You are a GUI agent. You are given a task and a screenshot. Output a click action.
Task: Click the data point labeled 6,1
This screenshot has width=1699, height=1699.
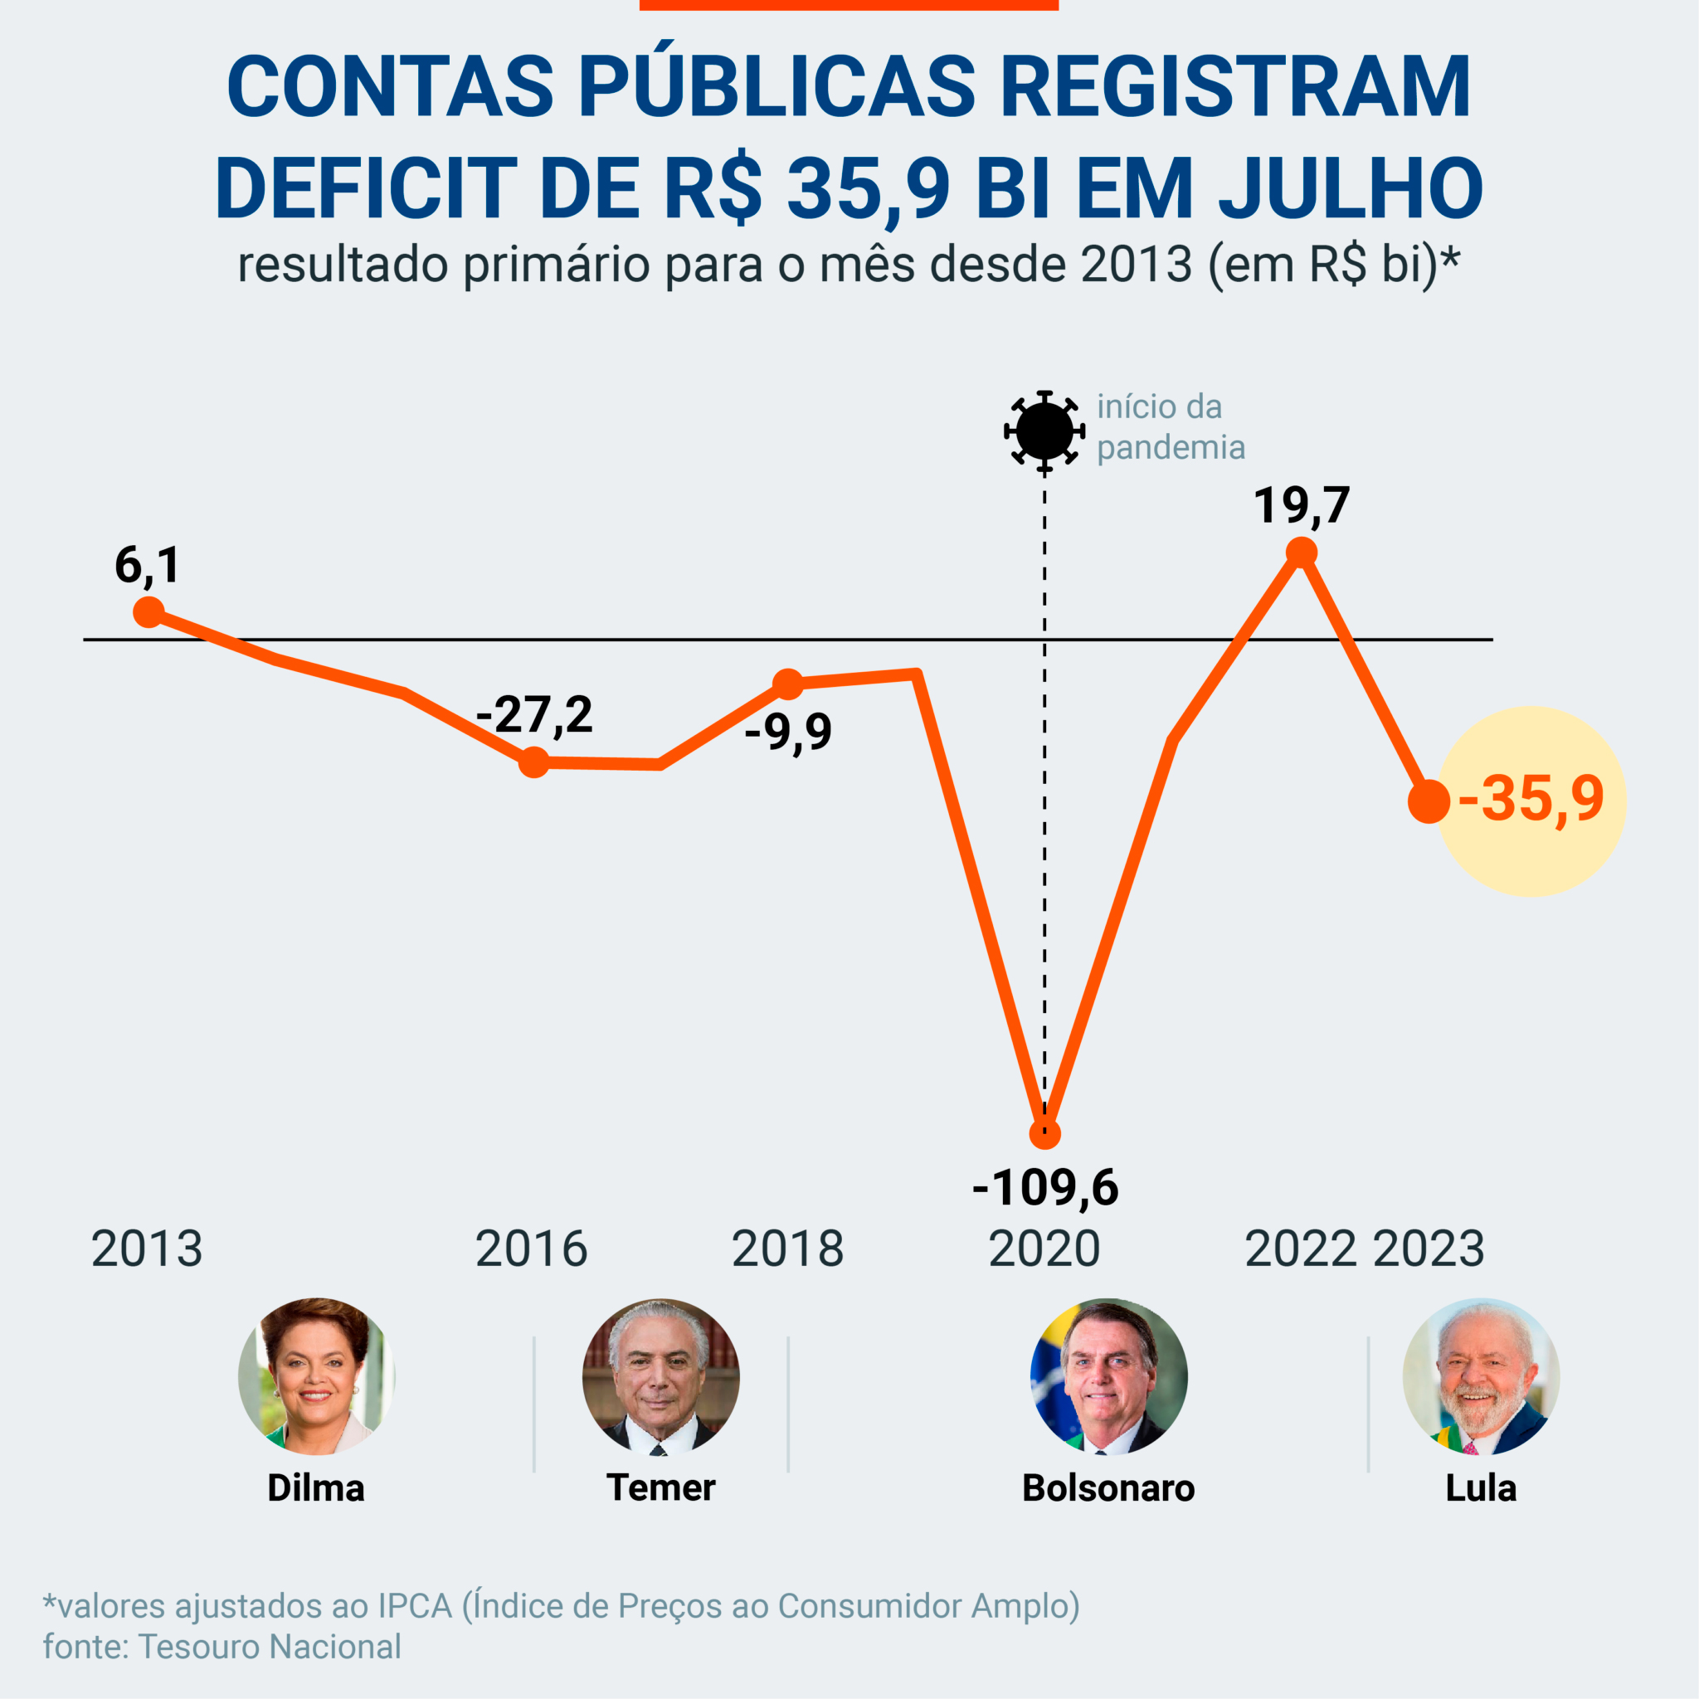click(148, 611)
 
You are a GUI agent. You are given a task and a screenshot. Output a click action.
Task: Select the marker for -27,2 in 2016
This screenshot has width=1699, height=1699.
click(533, 762)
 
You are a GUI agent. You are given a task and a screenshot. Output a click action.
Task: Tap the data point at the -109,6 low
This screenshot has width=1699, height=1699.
click(1044, 1134)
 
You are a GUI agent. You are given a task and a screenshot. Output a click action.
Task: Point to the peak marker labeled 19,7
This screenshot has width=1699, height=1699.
click(1302, 553)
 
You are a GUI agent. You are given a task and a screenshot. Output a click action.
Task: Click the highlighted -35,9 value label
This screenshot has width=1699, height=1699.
click(1531, 800)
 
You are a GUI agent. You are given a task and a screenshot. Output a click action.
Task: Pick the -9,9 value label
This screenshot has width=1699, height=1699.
click(788, 731)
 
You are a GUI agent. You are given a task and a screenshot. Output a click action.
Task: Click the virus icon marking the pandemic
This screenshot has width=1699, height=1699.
click(1044, 431)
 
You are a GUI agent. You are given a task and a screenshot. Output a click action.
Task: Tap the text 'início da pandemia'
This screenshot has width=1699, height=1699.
click(1171, 427)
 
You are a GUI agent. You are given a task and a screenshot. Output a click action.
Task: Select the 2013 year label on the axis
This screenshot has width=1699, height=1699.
click(147, 1249)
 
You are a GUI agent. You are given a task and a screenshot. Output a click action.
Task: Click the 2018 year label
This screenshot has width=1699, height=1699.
click(787, 1249)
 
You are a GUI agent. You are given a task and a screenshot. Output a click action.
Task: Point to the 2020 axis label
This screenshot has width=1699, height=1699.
click(1044, 1249)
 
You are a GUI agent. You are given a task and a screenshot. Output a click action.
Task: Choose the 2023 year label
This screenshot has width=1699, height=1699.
click(1429, 1249)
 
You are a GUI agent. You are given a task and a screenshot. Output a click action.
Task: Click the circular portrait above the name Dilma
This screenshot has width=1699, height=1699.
click(316, 1376)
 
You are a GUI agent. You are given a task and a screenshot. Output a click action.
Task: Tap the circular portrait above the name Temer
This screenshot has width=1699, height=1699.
click(660, 1376)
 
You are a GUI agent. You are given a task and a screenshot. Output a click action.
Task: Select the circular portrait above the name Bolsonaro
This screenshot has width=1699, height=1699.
click(1109, 1376)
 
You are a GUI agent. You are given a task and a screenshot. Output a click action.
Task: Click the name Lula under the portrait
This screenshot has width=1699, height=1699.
click(1481, 1488)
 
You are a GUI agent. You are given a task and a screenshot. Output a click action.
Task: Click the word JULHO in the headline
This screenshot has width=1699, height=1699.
click(1351, 189)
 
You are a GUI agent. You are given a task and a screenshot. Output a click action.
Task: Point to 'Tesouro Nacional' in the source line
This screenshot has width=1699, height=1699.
click(270, 1646)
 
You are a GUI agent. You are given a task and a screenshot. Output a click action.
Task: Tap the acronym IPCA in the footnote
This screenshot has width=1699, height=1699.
click(415, 1606)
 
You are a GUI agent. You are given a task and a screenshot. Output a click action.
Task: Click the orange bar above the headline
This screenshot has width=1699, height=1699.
click(849, 4)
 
